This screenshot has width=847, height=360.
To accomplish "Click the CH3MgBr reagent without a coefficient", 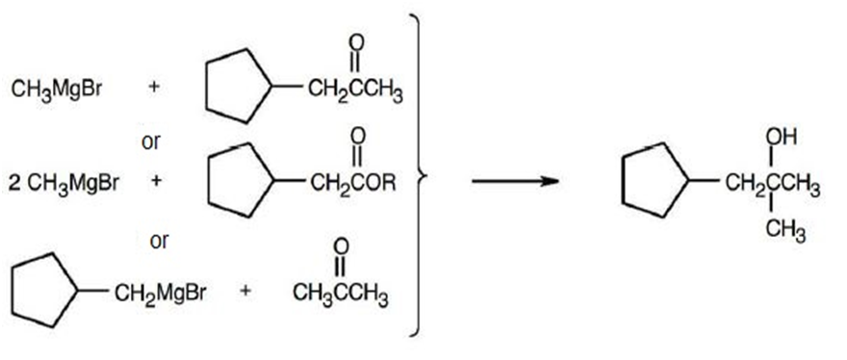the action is pyautogui.click(x=56, y=90).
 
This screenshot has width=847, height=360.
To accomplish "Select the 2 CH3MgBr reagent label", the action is pyautogui.click(x=64, y=183).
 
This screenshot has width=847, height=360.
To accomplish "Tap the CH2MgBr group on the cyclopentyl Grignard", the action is pyautogui.click(x=160, y=293).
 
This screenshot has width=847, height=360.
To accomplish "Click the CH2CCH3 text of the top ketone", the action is pyautogui.click(x=355, y=90).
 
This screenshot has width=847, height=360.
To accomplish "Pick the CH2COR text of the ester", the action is pyautogui.click(x=352, y=183).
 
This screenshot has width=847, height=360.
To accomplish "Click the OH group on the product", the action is pyautogui.click(x=782, y=138).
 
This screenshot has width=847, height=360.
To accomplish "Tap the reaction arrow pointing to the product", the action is pyautogui.click(x=515, y=181).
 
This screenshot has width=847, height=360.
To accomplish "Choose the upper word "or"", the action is pyautogui.click(x=151, y=141).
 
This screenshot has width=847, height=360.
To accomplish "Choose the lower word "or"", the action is pyautogui.click(x=160, y=241).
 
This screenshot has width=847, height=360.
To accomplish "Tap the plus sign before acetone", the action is pyautogui.click(x=245, y=291).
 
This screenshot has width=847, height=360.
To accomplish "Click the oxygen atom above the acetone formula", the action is pyautogui.click(x=341, y=247).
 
